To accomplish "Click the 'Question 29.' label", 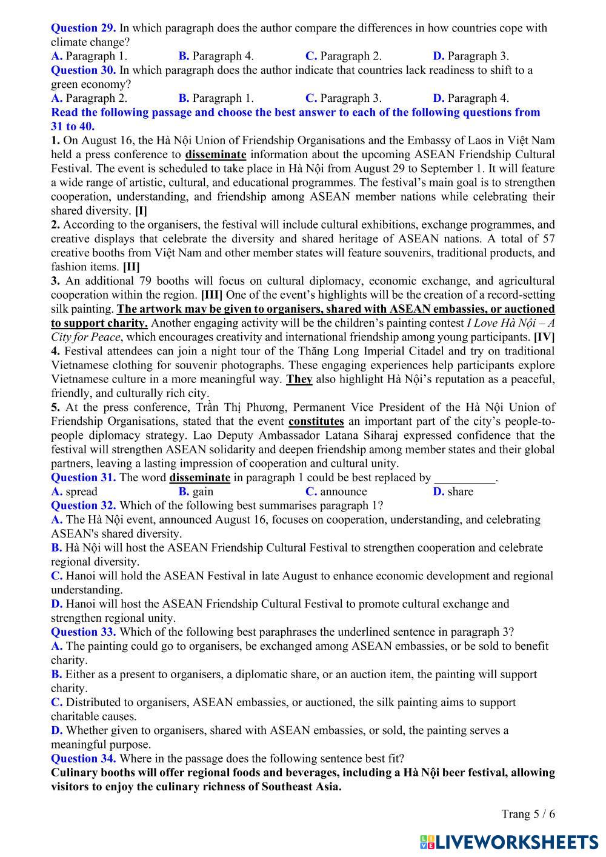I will pos(83,28).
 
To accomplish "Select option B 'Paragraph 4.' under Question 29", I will pos(216,56).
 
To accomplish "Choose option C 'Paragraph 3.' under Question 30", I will pos(343,98).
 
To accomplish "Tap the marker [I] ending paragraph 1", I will pos(141,211).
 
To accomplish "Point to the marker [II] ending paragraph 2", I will pos(131,267).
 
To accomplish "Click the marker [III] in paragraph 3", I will pos(211,295).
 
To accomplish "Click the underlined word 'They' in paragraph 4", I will pos(299,379).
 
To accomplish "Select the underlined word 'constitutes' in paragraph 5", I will pos(316,421).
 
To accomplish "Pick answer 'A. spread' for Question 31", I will pos(75,492).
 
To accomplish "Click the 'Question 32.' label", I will pos(83,505).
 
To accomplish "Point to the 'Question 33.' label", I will pos(83,632).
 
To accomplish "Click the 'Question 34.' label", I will pos(83,759).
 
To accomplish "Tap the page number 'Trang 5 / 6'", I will pos(528,814).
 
